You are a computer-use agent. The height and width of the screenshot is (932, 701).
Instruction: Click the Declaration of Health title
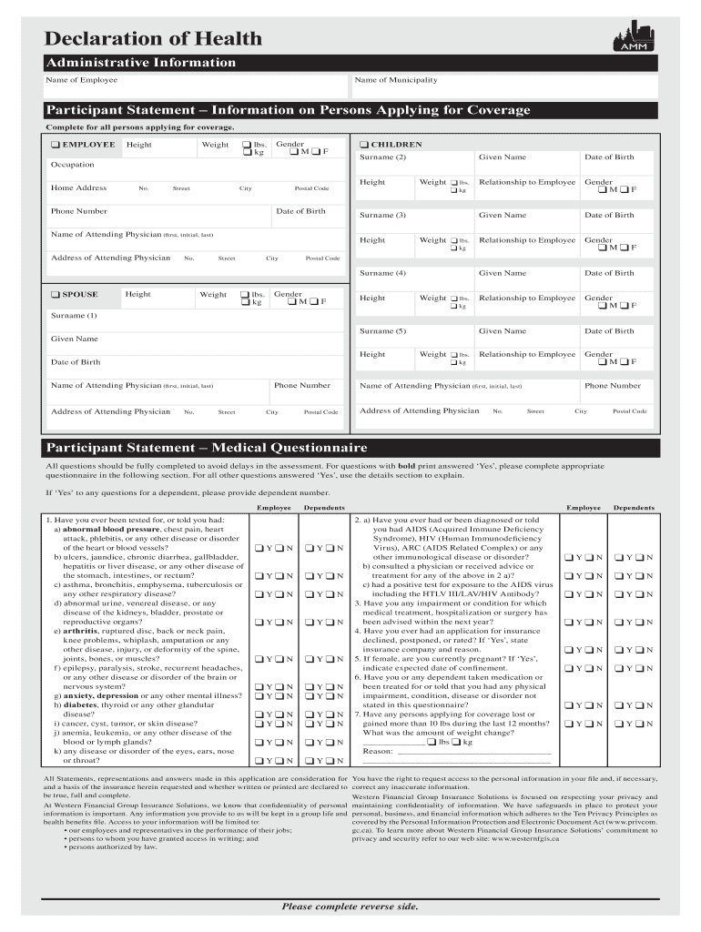coord(154,38)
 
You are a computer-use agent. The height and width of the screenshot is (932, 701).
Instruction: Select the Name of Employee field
coord(196,86)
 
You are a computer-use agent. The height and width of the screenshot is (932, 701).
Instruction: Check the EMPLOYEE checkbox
coord(56,145)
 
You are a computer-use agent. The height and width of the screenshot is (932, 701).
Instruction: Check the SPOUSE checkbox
coord(56,295)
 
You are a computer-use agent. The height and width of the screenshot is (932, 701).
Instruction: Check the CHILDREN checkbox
coord(363,145)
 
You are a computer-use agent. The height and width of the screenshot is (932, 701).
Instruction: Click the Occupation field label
coord(72,165)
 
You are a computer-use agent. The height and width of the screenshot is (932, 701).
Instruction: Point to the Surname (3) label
coord(382,216)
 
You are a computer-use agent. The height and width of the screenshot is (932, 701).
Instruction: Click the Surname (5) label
coord(382,331)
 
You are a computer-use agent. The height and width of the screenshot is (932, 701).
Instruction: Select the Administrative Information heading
coord(141,63)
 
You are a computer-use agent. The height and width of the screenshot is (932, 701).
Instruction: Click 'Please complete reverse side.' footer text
coord(350,907)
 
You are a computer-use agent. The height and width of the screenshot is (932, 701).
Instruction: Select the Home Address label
coord(79,188)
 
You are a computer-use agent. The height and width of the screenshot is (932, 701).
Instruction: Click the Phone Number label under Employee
coord(79,211)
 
